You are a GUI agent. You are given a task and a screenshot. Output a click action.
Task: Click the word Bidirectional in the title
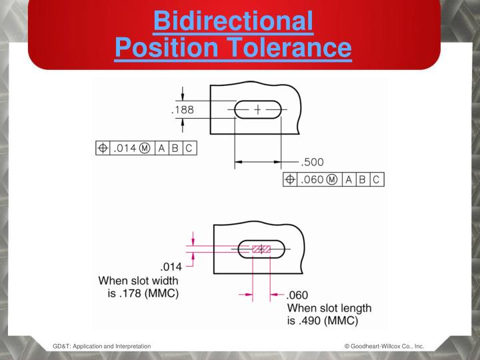[233, 22]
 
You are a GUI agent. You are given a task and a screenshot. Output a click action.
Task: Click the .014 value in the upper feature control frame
[125, 147]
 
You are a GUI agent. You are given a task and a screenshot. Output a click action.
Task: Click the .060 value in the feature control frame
[313, 179]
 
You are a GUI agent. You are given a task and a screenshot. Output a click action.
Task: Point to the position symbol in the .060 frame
[291, 179]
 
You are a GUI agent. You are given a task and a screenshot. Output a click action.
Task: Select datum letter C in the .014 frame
[188, 147]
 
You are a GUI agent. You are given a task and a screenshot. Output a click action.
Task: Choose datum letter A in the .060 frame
[349, 179]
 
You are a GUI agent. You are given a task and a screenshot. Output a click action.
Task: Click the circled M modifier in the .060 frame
[334, 179]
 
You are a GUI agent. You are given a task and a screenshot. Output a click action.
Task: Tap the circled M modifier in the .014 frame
[145, 147]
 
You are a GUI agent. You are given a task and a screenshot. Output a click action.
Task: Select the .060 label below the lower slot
[300, 295]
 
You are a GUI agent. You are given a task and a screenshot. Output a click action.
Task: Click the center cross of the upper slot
[257, 108]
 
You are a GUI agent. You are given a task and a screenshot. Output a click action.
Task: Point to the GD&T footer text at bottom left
[101, 346]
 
